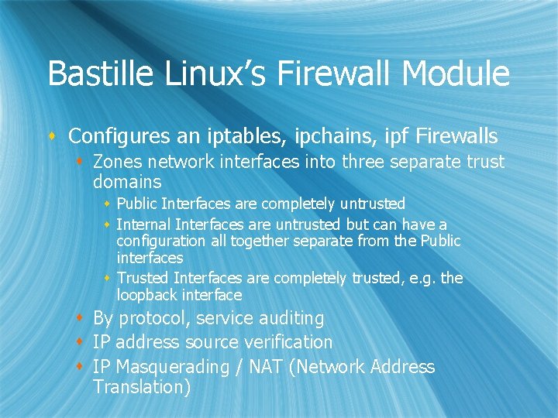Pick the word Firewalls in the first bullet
pyautogui.click(x=456, y=136)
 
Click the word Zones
pyautogui.click(x=116, y=162)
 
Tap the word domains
pyautogui.click(x=127, y=182)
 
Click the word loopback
pyautogui.click(x=147, y=295)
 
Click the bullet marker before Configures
pyautogui.click(x=53, y=137)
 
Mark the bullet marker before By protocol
pyautogui.click(x=81, y=318)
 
